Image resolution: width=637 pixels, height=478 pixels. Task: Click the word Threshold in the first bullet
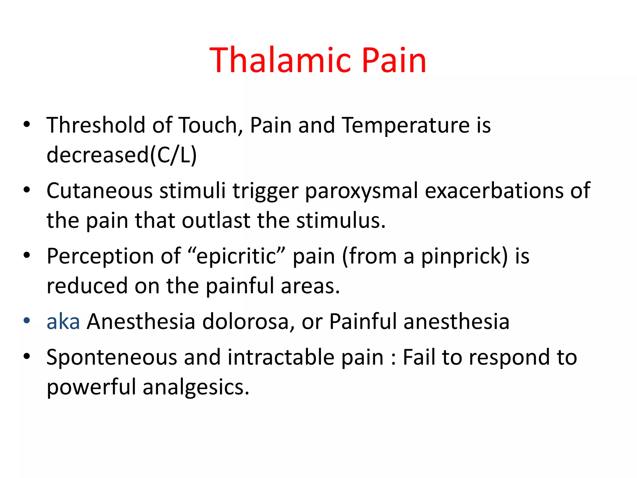click(x=95, y=125)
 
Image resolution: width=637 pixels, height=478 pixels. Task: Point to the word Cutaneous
click(x=99, y=190)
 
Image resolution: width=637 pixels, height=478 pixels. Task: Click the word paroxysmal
click(x=361, y=190)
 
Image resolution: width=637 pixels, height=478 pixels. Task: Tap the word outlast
click(x=216, y=220)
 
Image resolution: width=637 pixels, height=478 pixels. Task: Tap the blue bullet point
click(x=27, y=320)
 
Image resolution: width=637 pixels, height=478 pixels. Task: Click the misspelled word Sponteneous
click(x=112, y=357)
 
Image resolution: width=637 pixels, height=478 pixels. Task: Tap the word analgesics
click(x=196, y=387)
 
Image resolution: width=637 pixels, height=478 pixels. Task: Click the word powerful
click(x=91, y=387)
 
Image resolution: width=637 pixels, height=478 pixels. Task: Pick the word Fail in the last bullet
click(x=419, y=357)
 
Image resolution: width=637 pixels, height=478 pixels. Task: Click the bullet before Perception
click(x=27, y=255)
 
